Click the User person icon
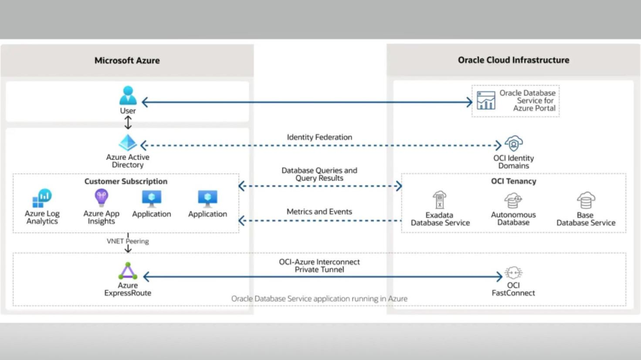pyautogui.click(x=128, y=96)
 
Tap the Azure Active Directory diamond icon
pyautogui.click(x=127, y=143)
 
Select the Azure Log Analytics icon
pyautogui.click(x=42, y=198)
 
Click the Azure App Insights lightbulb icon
pyautogui.click(x=102, y=198)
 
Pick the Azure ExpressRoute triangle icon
pyautogui.click(x=127, y=271)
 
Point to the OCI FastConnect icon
pyautogui.click(x=514, y=273)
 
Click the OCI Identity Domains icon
pyautogui.click(x=514, y=144)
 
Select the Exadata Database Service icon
pyautogui.click(x=439, y=200)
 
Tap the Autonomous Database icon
pyautogui.click(x=513, y=201)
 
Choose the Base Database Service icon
pyautogui.click(x=586, y=200)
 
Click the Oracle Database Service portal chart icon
pyautogui.click(x=486, y=101)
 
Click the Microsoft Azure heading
pyautogui.click(x=127, y=60)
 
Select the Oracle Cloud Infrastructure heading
pyautogui.click(x=514, y=60)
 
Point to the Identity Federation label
pyautogui.click(x=319, y=138)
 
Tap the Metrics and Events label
pyautogui.click(x=319, y=212)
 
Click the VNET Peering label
pyautogui.click(x=127, y=241)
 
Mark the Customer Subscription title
pyautogui.click(x=126, y=181)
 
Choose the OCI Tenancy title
pyautogui.click(x=514, y=181)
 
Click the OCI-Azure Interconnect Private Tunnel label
pyautogui.click(x=319, y=266)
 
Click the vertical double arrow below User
pyautogui.click(x=128, y=122)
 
